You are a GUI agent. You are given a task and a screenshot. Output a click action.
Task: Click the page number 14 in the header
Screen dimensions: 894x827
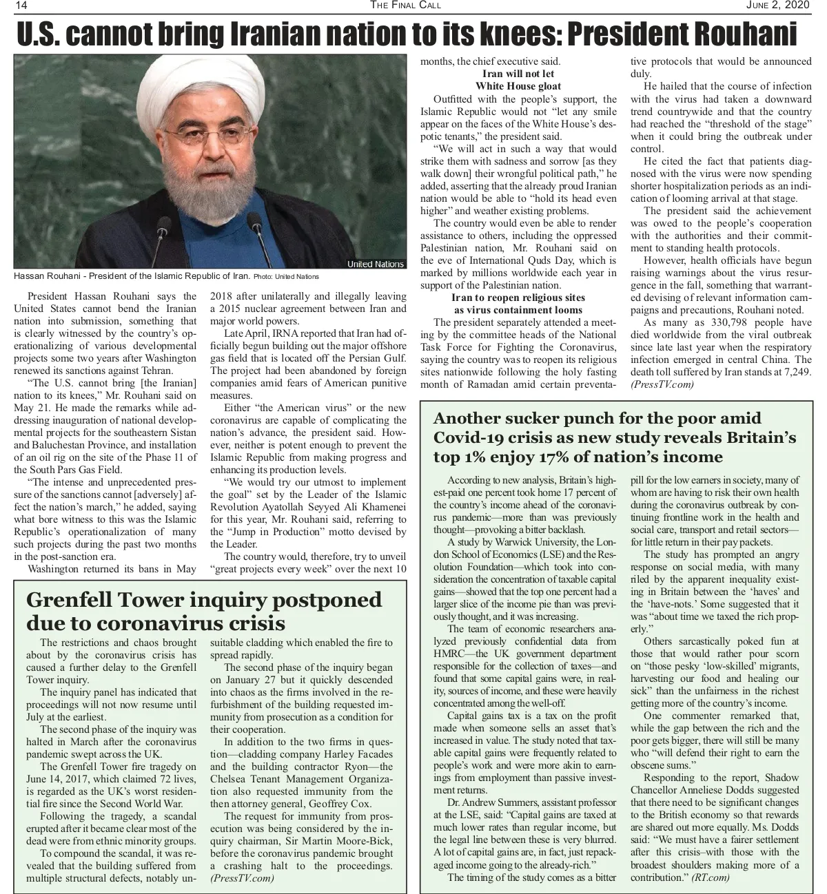pos(21,6)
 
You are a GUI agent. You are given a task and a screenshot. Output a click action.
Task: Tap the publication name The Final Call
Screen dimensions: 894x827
pos(405,6)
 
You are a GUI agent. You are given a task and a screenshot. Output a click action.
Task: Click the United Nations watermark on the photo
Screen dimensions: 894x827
pos(375,264)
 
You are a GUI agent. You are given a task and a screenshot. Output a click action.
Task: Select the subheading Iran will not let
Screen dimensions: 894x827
pos(518,74)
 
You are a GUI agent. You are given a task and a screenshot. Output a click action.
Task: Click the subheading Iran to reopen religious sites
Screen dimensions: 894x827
pos(518,298)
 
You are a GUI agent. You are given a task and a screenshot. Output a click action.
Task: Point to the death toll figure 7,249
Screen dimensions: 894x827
pos(797,372)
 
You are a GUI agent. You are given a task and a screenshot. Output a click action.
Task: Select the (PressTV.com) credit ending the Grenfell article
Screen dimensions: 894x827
pos(242,878)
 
